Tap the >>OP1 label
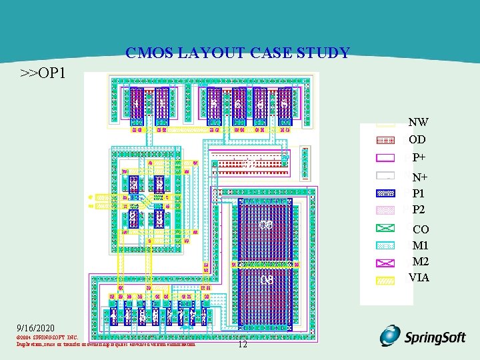[x=43, y=72]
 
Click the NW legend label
[x=418, y=122]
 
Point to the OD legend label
[x=417, y=140]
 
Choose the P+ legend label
[x=419, y=158]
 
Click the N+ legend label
[x=419, y=177]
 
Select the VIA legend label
[x=419, y=277]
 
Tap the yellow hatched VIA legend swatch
[x=386, y=281]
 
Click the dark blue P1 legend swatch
[x=386, y=193]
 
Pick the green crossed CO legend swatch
[x=386, y=229]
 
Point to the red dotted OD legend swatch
[x=386, y=140]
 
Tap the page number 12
[x=242, y=344]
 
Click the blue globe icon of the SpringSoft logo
[x=390, y=335]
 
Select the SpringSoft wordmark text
[x=435, y=337]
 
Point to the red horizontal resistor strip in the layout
[x=250, y=163]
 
